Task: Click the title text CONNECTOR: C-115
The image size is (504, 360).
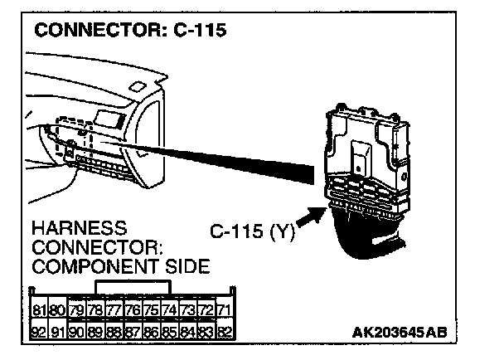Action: [131, 31]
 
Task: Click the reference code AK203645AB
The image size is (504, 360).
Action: [400, 333]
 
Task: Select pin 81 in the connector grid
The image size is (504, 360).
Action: [38, 311]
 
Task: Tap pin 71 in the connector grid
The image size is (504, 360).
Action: [221, 311]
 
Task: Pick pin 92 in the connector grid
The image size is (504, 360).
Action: [38, 333]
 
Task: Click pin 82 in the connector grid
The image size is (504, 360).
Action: [221, 333]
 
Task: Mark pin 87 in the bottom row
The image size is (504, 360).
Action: [130, 333]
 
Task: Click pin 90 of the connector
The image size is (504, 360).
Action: [75, 333]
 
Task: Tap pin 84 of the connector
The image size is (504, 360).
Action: [186, 333]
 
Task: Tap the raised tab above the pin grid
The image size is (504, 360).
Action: [133, 287]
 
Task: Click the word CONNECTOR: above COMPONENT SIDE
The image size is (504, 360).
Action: [90, 246]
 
